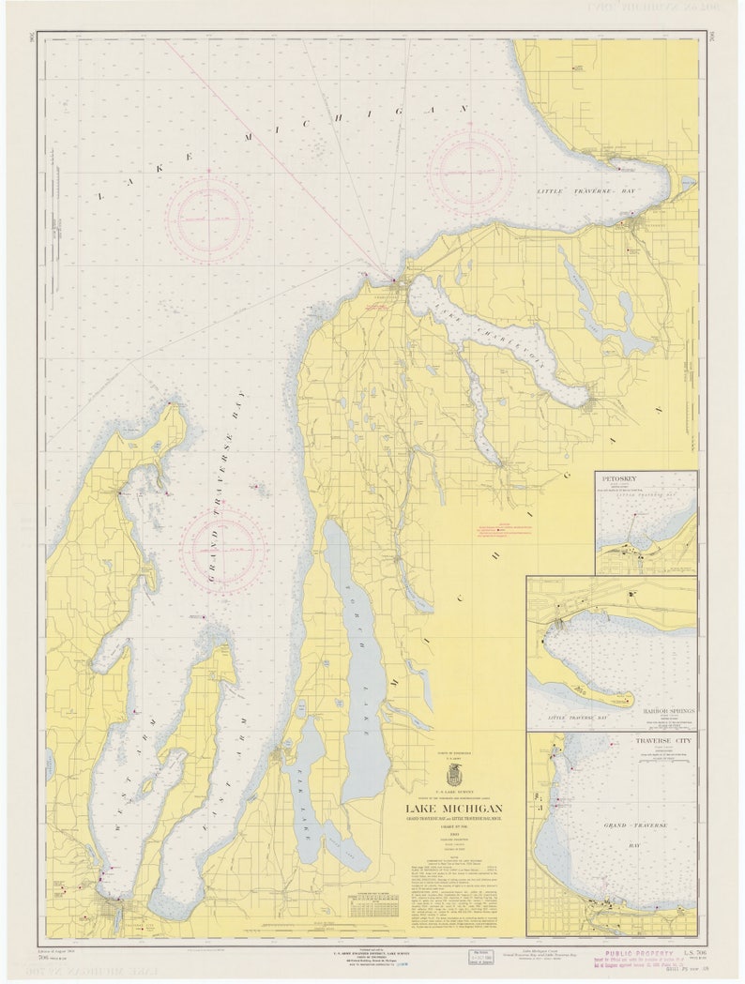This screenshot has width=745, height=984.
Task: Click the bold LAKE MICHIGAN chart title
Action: pos(453,809)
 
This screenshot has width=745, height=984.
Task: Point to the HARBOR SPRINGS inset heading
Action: pos(669,711)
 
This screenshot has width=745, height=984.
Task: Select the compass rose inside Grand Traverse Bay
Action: pos(223,550)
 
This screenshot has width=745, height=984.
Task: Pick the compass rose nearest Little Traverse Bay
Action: pos(470,170)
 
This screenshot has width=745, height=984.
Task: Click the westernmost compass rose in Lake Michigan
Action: pos(209,219)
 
